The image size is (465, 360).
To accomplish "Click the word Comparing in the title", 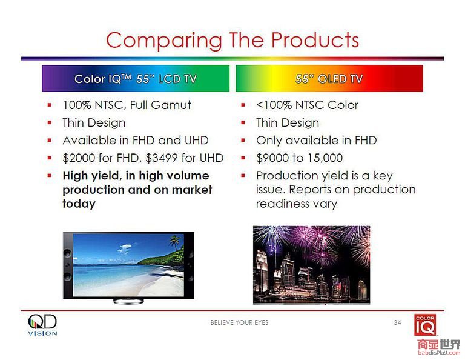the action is pos(164,41).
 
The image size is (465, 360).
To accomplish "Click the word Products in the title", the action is pos(315,40).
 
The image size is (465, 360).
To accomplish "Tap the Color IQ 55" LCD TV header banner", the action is pos(136,79).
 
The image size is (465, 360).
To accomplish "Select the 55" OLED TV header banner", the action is pos(329,79).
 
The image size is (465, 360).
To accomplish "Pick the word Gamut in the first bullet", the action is pos(171,105).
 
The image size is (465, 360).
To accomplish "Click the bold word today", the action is pos(79,204).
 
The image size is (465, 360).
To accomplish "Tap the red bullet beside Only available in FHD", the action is pos(243,140).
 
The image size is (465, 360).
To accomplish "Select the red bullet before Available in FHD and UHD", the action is pos(50,140).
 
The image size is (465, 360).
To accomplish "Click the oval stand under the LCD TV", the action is pos(128,302).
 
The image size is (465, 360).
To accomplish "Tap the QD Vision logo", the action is pos(43,325).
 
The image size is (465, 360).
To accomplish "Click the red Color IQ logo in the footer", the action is pos(425,325).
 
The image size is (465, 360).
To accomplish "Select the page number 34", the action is pos(397,322).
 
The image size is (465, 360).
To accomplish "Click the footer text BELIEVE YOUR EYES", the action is pos(239,322).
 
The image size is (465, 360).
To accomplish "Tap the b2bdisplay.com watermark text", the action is pos(439,353).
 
